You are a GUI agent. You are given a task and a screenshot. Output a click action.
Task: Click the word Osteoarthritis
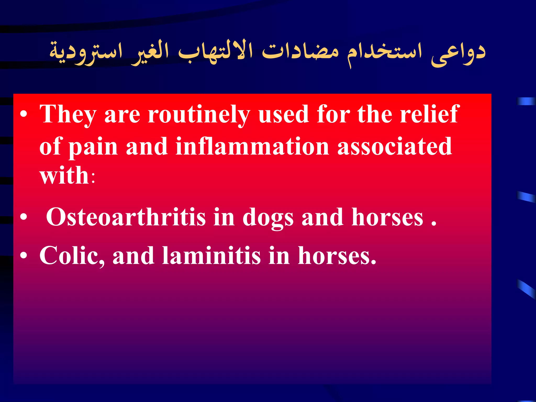(126, 217)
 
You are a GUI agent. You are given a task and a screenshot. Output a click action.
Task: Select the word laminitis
(211, 256)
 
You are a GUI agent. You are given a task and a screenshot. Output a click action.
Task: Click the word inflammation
(252, 147)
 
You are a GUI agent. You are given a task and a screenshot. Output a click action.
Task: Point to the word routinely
(199, 115)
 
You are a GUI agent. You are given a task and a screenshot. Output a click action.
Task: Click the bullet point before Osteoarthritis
(24, 217)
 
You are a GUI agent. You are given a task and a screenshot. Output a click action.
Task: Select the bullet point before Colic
(24, 256)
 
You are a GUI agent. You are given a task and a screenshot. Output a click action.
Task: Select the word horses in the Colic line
(337, 256)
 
